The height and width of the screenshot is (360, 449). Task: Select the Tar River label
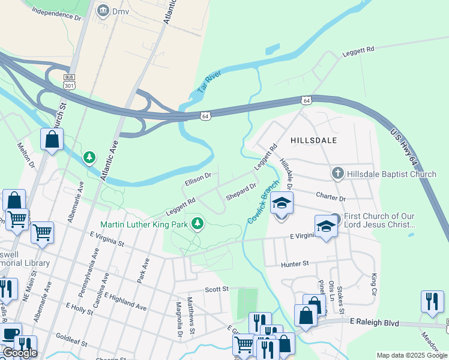point(205,85)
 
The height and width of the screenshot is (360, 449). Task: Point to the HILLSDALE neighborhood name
point(313,140)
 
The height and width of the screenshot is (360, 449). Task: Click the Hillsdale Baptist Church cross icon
point(337,174)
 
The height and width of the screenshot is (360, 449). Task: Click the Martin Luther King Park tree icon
point(197,224)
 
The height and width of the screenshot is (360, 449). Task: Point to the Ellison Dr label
point(198,178)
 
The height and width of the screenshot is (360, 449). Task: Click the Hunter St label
point(294,263)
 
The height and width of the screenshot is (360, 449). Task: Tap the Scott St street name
point(217,289)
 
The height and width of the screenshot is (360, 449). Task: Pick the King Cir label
point(374,280)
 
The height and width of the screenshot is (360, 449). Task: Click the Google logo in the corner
point(20,353)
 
